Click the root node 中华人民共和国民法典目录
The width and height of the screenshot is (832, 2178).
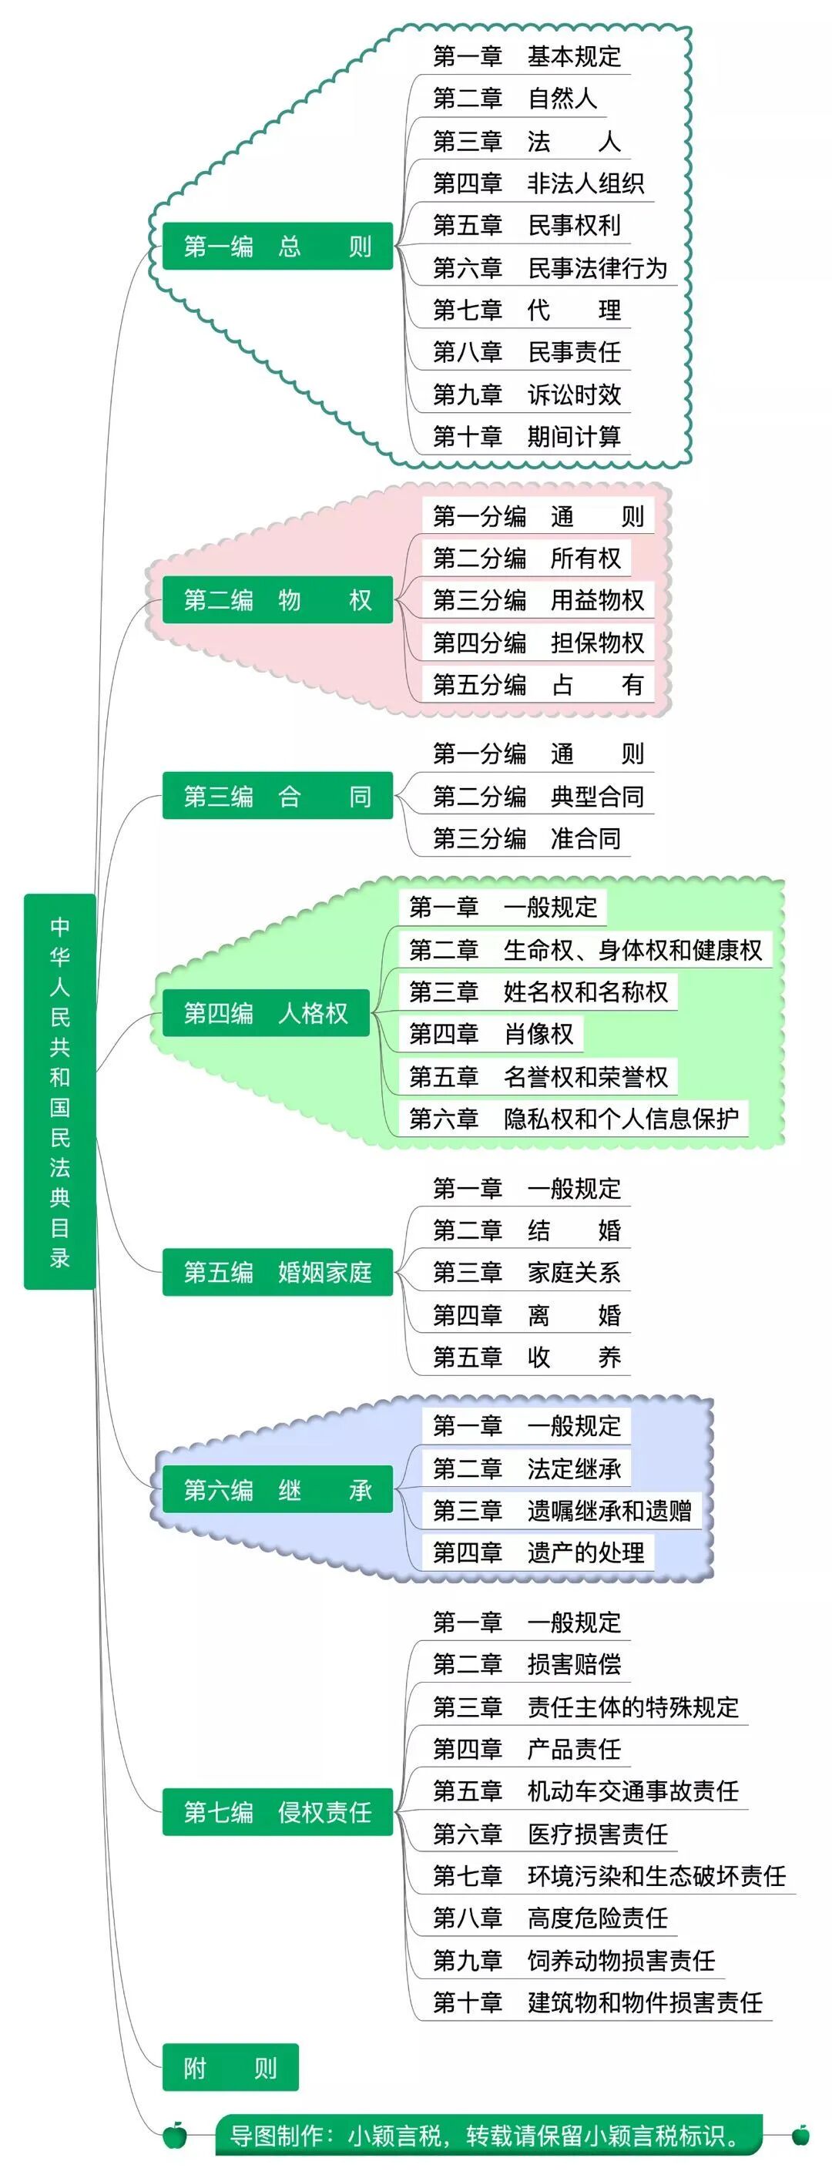pyautogui.click(x=59, y=1091)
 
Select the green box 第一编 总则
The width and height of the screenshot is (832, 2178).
pyautogui.click(x=277, y=246)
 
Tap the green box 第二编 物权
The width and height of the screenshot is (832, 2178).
pyautogui.click(x=277, y=599)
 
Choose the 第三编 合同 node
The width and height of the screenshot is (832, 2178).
pyautogui.click(x=277, y=796)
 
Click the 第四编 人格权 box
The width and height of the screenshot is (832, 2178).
pyautogui.click(x=266, y=1012)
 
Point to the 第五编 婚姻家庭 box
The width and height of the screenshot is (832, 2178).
pyautogui.click(x=277, y=1272)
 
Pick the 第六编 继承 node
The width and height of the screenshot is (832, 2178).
pyautogui.click(x=277, y=1489)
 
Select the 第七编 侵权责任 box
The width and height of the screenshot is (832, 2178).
pyautogui.click(x=277, y=1811)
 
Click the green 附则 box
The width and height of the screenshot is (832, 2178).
pyautogui.click(x=230, y=2067)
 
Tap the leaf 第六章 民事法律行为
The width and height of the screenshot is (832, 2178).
pyautogui.click(x=549, y=268)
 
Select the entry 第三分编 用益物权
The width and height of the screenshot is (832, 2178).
pyautogui.click(x=538, y=599)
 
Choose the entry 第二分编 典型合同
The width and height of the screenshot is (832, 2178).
pyautogui.click(x=538, y=796)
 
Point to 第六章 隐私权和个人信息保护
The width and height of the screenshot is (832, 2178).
pyautogui.click(x=573, y=1118)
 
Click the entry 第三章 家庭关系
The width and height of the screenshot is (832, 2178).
pyautogui.click(x=527, y=1272)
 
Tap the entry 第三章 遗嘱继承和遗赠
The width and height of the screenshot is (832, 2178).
pyautogui.click(x=562, y=1510)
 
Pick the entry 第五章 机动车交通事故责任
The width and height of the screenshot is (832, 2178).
pyautogui.click(x=585, y=1790)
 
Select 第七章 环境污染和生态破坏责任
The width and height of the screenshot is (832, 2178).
pyautogui.click(x=609, y=1875)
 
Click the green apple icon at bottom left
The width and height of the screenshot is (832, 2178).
pyautogui.click(x=175, y=2135)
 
